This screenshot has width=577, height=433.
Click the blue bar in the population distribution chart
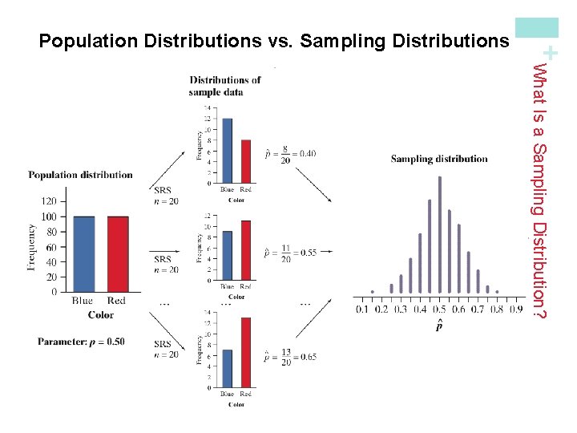[x=83, y=254]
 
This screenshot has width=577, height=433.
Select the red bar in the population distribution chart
[x=117, y=254]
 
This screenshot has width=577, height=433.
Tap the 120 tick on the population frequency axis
[x=48, y=201]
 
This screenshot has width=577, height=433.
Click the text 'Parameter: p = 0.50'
[x=81, y=342]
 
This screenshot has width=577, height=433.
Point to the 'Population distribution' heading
[x=80, y=175]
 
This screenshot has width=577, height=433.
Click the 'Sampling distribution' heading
[x=439, y=159]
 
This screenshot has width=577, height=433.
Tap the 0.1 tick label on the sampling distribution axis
[x=362, y=310]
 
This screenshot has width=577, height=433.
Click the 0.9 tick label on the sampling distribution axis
[x=516, y=310]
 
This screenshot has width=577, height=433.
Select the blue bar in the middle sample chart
[x=228, y=256]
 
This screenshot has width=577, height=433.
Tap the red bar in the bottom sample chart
[x=245, y=352]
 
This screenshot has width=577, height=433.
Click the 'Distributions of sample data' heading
[x=224, y=86]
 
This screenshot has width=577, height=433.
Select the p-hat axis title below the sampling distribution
[x=439, y=325]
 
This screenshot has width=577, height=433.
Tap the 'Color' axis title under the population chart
[x=100, y=315]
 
